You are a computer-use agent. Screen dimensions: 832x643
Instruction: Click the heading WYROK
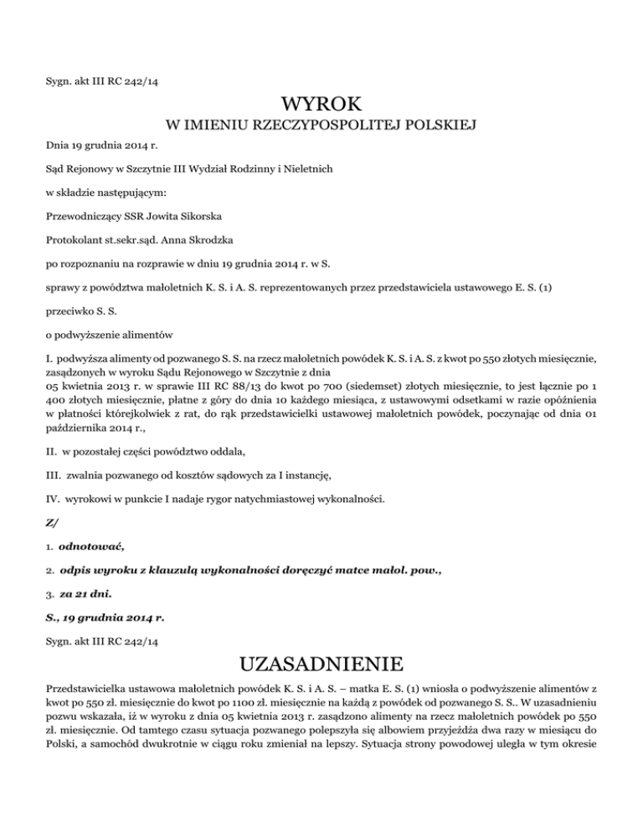pyautogui.click(x=321, y=105)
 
